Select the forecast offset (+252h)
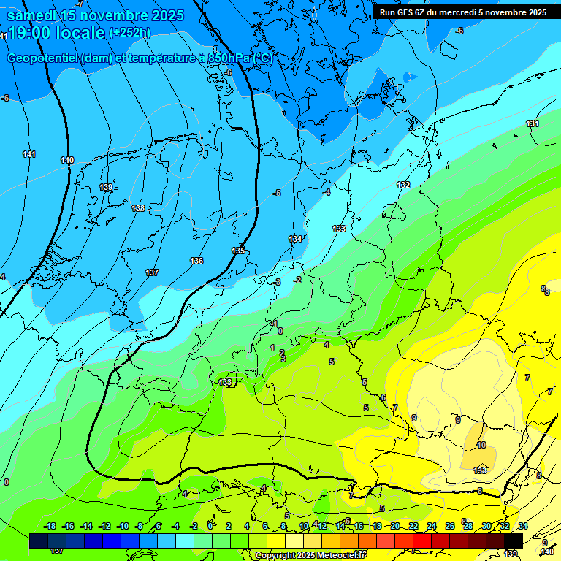tap(130, 33)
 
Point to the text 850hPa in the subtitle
tap(224, 58)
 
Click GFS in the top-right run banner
tap(404, 12)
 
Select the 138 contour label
tap(138, 208)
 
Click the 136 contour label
tap(196, 261)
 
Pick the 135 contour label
tap(239, 251)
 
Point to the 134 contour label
tap(295, 239)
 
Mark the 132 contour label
tap(403, 185)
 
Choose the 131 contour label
tap(533, 123)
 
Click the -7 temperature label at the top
tap(79, 4)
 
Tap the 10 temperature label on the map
tap(481, 445)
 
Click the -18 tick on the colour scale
tap(50, 526)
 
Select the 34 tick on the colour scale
tap(522, 526)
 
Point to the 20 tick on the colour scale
tap(395, 526)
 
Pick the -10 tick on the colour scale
tap(122, 526)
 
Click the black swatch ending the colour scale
tap(514, 541)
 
